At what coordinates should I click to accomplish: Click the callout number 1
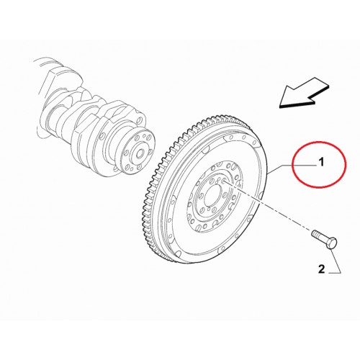[321, 163]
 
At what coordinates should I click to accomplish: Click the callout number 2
[321, 269]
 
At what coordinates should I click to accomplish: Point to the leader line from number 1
[293, 166]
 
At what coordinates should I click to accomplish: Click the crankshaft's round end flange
[138, 153]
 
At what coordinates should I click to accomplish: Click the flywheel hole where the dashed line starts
[224, 181]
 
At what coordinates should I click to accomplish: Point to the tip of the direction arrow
[279, 106]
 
